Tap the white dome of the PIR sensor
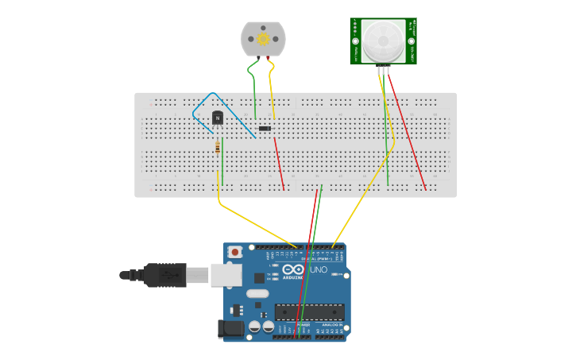(383, 41)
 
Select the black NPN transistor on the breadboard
(218, 118)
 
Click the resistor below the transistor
(218, 146)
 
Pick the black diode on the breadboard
(265, 128)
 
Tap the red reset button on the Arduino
(235, 252)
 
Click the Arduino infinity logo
(293, 270)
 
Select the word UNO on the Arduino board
(318, 270)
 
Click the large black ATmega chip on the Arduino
(310, 312)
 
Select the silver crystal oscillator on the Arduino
(257, 293)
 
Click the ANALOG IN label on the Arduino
(332, 326)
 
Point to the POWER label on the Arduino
(303, 326)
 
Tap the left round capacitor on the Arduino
(254, 326)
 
